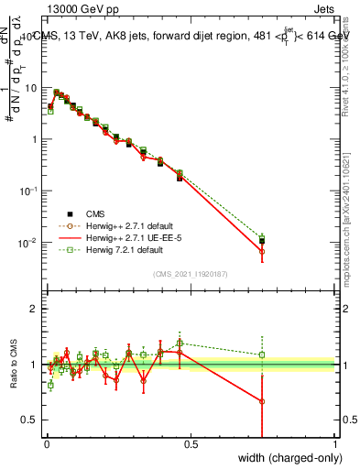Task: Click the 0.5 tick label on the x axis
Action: tap(190, 445)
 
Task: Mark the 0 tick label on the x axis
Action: tap(46, 445)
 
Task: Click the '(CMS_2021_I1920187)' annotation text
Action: tap(191, 273)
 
